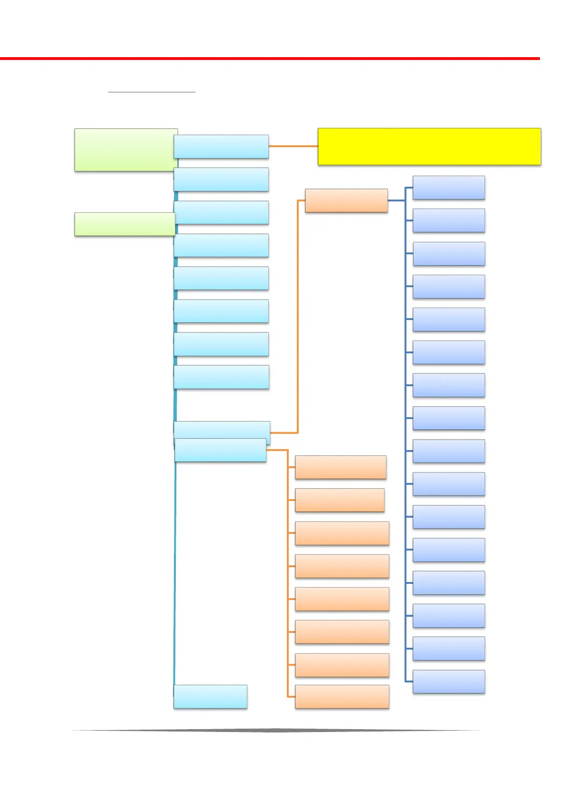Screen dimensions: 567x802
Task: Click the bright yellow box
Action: (x=429, y=146)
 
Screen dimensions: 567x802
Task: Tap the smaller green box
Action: (x=124, y=224)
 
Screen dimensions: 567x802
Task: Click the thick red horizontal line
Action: (x=270, y=58)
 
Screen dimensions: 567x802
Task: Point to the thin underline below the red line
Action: (x=152, y=91)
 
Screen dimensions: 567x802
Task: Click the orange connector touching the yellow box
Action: (x=293, y=146)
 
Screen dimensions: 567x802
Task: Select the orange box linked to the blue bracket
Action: (x=346, y=200)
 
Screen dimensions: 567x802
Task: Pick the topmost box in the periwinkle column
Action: (x=448, y=187)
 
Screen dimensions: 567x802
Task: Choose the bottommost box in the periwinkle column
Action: (x=448, y=681)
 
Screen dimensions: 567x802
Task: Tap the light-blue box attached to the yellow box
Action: (x=221, y=146)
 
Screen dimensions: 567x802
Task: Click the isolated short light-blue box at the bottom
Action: (x=210, y=696)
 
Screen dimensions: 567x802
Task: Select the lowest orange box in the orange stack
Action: (x=342, y=696)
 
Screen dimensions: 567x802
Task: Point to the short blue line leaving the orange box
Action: (x=396, y=200)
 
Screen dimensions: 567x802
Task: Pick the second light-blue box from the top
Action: (x=221, y=179)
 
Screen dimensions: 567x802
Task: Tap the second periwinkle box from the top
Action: (x=448, y=220)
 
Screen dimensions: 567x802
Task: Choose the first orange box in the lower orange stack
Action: (x=340, y=467)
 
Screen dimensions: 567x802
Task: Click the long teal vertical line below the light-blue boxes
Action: (x=175, y=571)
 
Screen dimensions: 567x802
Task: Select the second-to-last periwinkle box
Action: (x=448, y=648)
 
